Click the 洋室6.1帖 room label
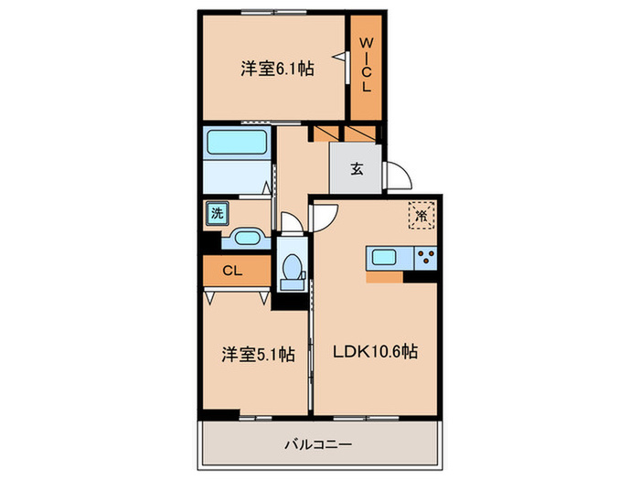point(278,68)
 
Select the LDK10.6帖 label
point(376,350)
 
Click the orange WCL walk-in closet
point(366,67)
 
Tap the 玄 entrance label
point(357,168)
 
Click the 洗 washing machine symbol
point(217,214)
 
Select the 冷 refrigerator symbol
point(421,216)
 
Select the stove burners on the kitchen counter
point(425,258)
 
